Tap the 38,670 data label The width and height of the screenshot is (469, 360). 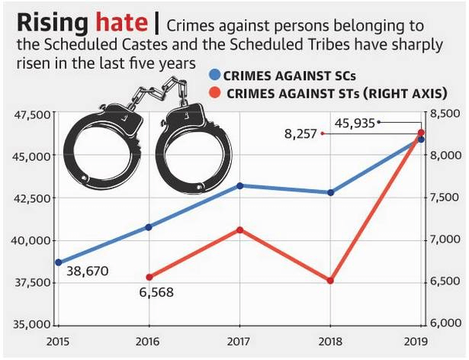pyautogui.click(x=88, y=271)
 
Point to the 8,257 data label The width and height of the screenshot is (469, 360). pyautogui.click(x=299, y=133)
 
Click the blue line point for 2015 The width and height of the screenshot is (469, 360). pyautogui.click(x=58, y=262)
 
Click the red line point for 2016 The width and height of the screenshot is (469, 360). pyautogui.click(x=149, y=278)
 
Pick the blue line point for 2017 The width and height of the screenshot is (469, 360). pyautogui.click(x=240, y=185)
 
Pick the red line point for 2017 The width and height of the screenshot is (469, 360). pyautogui.click(x=240, y=230)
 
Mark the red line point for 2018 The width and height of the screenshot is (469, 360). pyautogui.click(x=331, y=281)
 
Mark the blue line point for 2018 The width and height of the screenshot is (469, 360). pyautogui.click(x=331, y=192)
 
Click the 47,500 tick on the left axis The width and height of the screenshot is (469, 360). pyautogui.click(x=30, y=114)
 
